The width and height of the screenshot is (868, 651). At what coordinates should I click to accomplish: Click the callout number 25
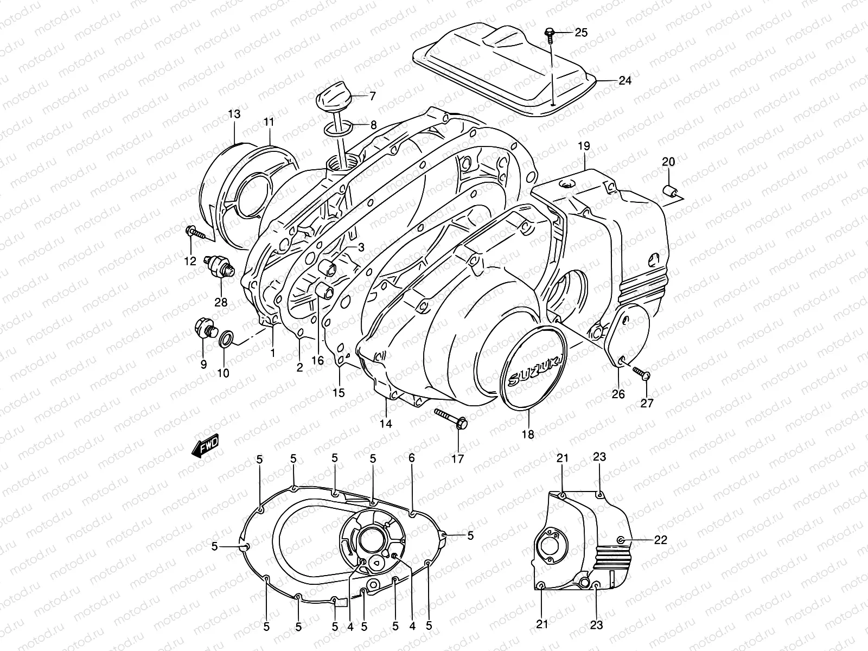tap(580, 33)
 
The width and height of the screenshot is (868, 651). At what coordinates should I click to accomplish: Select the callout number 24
tap(625, 81)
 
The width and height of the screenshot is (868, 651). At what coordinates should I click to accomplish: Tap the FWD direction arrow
tap(206, 448)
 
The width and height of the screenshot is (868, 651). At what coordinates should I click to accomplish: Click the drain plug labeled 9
tap(203, 328)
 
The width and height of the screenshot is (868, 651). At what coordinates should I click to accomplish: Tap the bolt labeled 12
tap(196, 233)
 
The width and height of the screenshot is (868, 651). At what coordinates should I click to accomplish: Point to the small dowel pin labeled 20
tap(671, 190)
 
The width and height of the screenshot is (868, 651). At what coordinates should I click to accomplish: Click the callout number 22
tap(660, 540)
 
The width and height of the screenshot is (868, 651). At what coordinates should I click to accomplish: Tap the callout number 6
tap(412, 458)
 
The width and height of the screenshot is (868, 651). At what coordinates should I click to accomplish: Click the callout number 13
tap(234, 114)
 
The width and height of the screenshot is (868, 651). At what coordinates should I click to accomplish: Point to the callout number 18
tap(527, 434)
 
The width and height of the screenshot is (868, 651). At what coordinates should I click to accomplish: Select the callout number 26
tap(618, 394)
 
